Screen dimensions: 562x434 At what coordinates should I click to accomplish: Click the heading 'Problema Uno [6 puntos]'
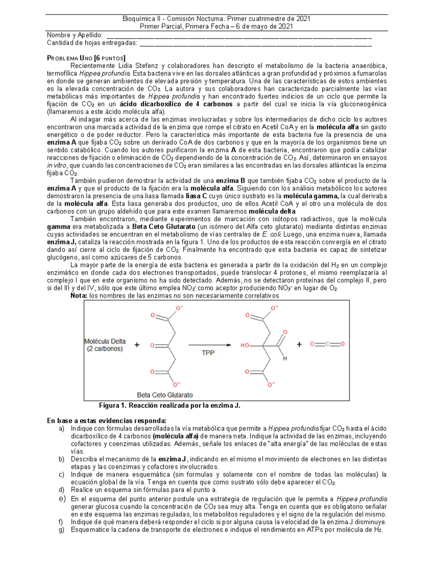click(86, 58)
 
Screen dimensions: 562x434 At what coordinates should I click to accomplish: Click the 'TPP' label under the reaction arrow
click(208, 353)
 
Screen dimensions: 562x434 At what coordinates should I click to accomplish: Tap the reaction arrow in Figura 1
click(209, 345)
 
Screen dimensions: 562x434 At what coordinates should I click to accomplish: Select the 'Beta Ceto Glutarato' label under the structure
click(165, 395)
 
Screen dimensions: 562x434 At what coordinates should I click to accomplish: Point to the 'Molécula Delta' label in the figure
click(105, 341)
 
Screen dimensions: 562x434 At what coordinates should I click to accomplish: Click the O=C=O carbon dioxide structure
click(327, 344)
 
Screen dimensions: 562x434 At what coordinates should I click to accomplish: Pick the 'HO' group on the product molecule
click(245, 346)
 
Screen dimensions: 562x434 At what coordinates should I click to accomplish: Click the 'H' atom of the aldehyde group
click(285, 358)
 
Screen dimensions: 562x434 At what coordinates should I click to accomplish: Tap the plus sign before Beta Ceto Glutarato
click(137, 345)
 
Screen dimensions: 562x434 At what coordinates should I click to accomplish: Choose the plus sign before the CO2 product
click(299, 345)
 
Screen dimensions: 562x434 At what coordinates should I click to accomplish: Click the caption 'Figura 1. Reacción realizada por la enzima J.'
click(170, 405)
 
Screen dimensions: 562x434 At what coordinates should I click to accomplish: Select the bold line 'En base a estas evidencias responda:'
click(107, 421)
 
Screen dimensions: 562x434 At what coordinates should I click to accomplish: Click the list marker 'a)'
click(61, 428)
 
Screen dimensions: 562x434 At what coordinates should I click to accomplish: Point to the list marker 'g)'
click(61, 530)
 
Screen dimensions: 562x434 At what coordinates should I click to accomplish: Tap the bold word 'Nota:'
click(79, 296)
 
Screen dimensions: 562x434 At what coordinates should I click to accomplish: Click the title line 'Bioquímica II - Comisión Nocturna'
click(216, 18)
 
